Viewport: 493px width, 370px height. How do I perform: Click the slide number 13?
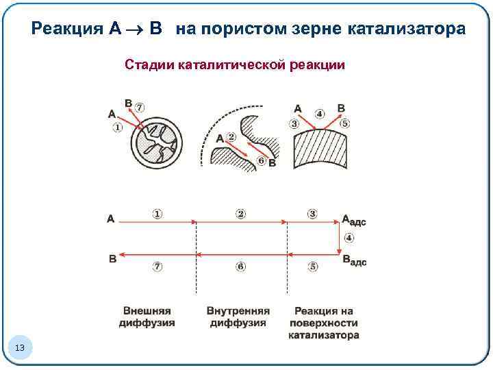click(19, 349)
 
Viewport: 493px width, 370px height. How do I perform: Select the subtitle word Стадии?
click(149, 65)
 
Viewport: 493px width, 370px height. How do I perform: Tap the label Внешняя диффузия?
click(147, 317)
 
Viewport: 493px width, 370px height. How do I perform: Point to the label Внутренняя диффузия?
click(238, 317)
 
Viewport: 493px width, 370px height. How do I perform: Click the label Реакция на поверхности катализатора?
click(323, 323)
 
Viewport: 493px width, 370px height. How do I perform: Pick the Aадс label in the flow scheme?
click(353, 221)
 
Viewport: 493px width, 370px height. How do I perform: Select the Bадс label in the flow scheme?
click(353, 260)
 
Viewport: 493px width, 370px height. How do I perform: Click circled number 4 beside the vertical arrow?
click(349, 238)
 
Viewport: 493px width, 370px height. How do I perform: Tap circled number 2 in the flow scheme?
click(240, 214)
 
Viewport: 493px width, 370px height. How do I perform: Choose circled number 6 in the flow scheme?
click(240, 267)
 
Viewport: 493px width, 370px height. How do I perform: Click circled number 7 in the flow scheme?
click(157, 267)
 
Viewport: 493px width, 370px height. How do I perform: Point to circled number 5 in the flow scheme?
click(313, 267)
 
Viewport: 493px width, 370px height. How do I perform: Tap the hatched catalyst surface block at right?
click(320, 149)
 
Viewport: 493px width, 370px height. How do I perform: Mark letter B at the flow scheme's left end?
click(112, 259)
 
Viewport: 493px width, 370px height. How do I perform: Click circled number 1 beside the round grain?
click(117, 127)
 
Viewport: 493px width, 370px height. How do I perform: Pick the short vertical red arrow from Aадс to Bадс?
click(341, 238)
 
